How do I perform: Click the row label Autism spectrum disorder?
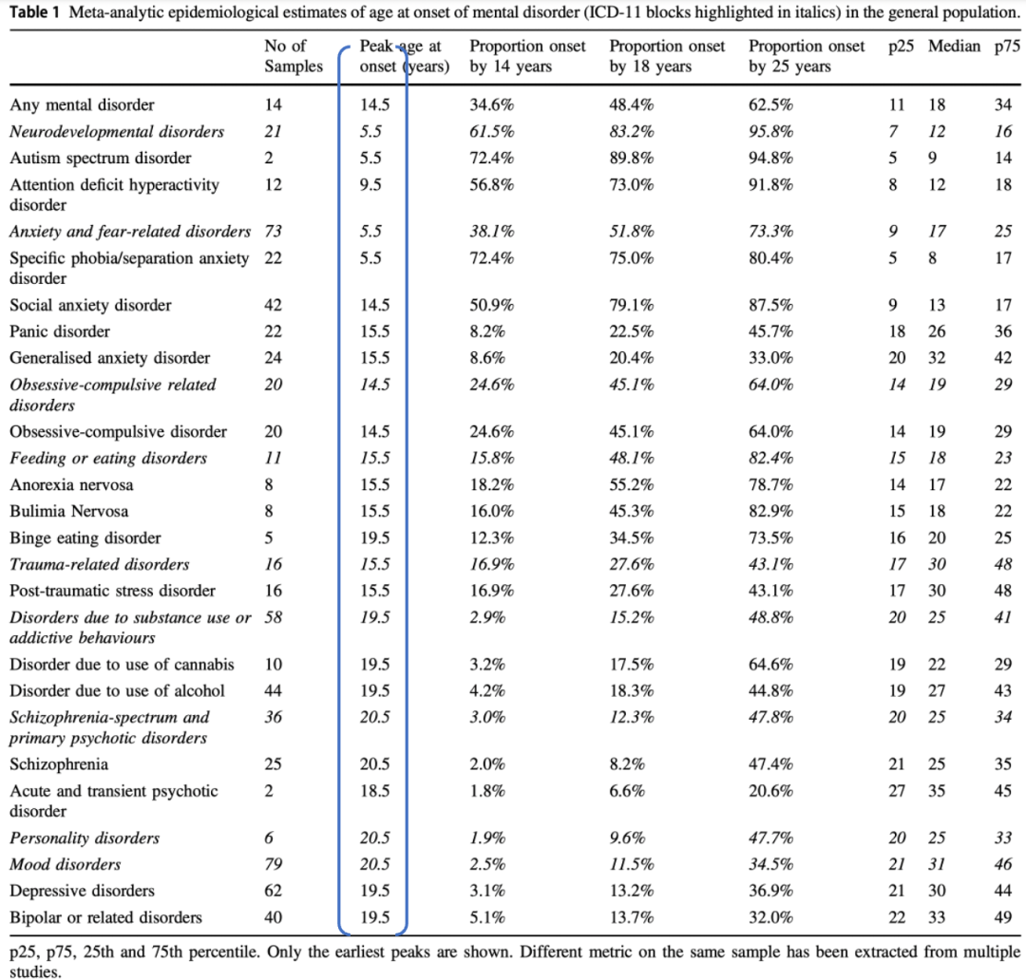tap(100, 159)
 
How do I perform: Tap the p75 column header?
tap(1005, 47)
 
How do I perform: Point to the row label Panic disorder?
tap(60, 332)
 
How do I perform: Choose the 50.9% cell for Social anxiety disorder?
tap(491, 306)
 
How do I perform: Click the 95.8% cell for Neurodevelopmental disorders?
tap(770, 132)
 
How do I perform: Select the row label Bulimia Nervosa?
tap(69, 512)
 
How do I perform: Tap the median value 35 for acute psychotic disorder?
tap(937, 792)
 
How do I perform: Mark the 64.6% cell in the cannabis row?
tap(770, 665)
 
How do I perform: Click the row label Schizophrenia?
tap(59, 765)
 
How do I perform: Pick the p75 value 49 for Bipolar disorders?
tap(1003, 918)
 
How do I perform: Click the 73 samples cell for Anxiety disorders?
tap(274, 232)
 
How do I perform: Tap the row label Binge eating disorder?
tap(85, 538)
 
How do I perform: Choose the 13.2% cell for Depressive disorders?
tap(631, 892)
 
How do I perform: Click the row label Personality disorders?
tap(85, 839)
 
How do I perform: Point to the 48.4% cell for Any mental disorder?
tap(631, 105)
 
